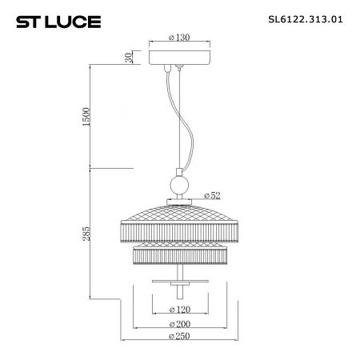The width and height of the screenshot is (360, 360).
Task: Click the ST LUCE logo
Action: (58, 22)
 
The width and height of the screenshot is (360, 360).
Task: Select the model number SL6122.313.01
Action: (306, 19)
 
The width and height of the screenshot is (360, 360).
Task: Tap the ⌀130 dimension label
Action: (179, 38)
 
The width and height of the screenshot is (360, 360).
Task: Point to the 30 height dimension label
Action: (129, 58)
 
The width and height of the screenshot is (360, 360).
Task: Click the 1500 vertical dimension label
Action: (86, 117)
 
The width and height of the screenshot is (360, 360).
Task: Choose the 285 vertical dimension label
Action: (86, 234)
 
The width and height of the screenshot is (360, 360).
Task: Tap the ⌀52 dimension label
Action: (212, 195)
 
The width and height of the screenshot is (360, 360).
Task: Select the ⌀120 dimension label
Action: (180, 310)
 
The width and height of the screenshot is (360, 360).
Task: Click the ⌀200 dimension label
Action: (180, 324)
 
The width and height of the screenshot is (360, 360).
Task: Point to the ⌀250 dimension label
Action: (179, 336)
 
